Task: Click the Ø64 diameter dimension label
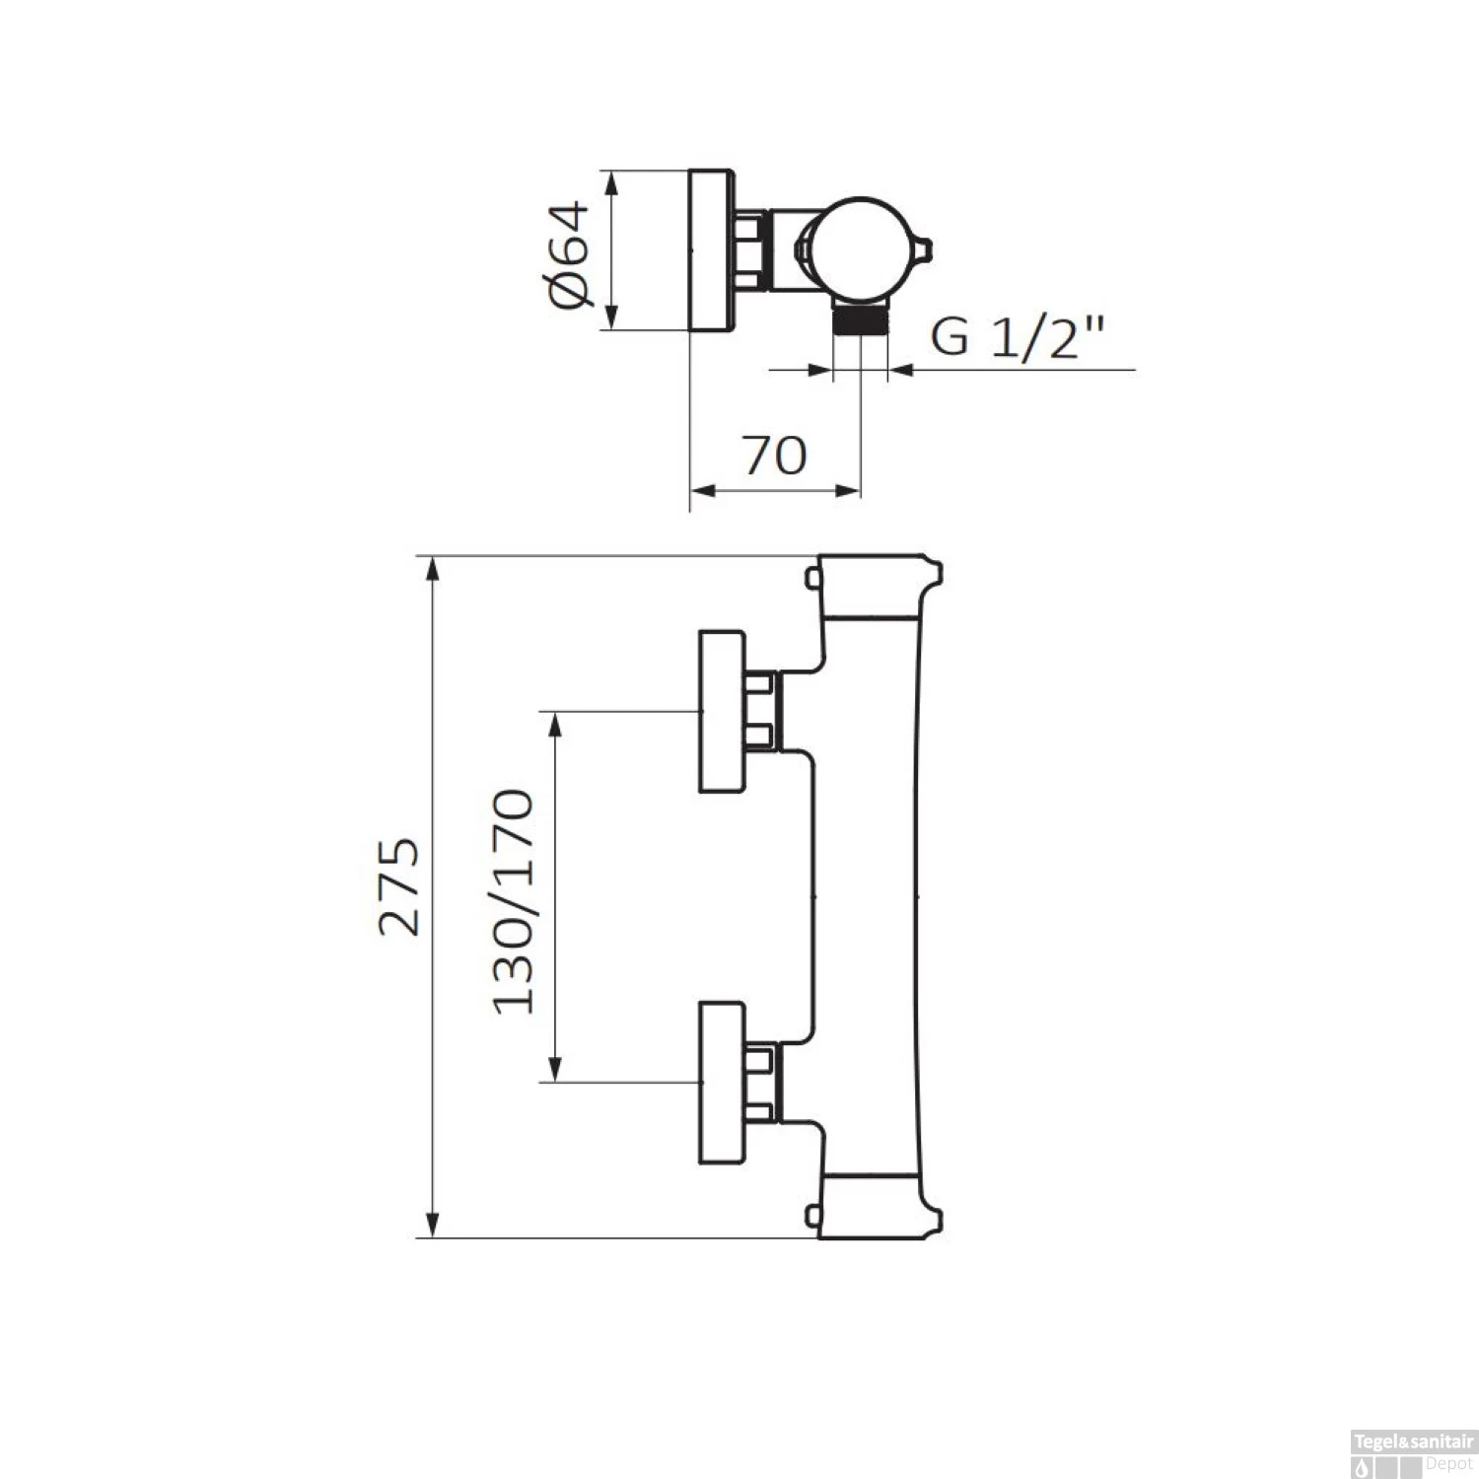click(570, 254)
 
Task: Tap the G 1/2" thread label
click(1016, 338)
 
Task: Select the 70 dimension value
click(775, 456)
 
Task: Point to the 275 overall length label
click(401, 886)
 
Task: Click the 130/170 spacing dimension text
click(514, 901)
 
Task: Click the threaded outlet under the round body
click(861, 320)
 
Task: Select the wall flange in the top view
click(710, 249)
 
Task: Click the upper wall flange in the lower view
click(723, 711)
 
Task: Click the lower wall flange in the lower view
click(723, 1083)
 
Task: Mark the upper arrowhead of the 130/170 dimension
click(556, 724)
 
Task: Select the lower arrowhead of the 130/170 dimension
click(556, 1069)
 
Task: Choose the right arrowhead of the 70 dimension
click(849, 490)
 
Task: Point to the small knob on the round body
click(924, 246)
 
